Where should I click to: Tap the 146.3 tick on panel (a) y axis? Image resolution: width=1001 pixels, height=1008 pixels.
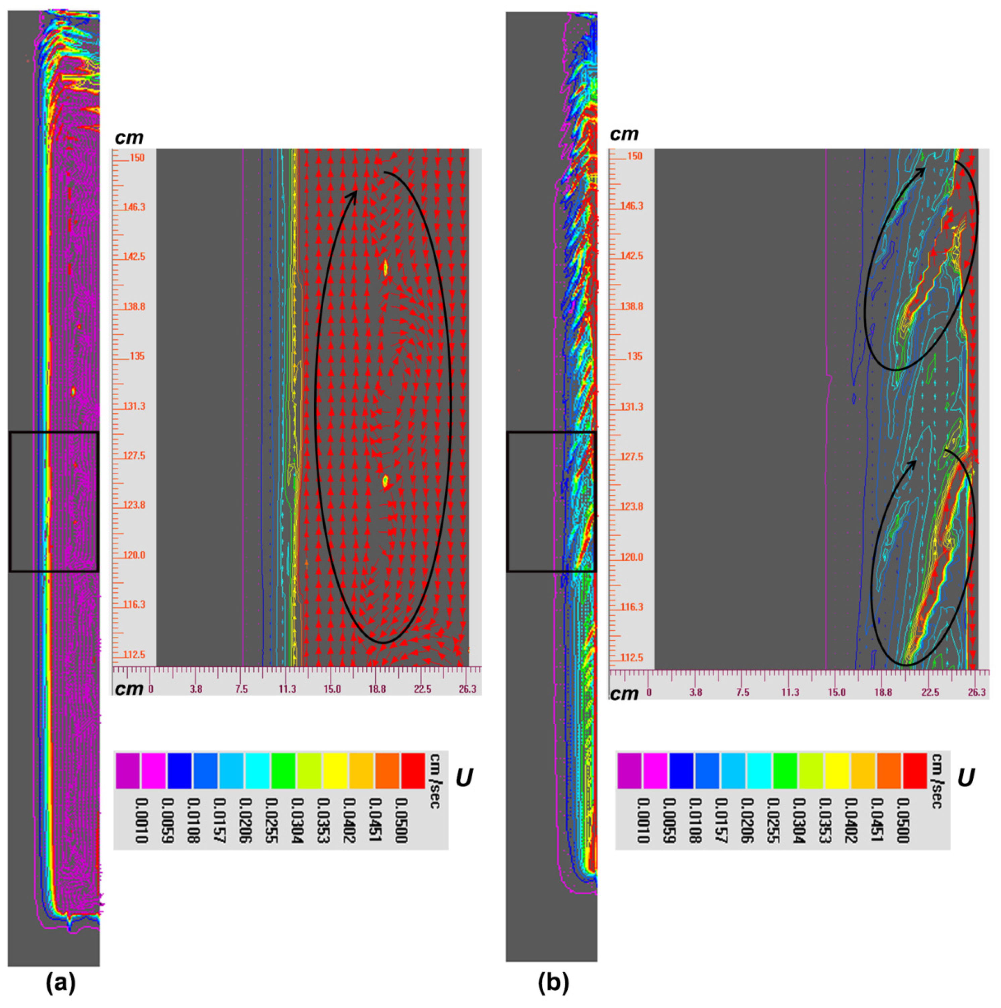coord(134,207)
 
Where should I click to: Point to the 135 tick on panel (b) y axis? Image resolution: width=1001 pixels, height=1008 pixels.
coord(634,356)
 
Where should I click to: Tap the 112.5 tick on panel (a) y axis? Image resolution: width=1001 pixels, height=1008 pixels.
coord(134,655)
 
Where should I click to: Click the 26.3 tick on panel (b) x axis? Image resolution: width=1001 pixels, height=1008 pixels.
coord(977,692)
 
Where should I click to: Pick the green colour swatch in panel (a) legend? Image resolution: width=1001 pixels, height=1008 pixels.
coord(283,771)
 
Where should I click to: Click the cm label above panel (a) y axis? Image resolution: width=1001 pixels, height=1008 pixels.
coord(129,138)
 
